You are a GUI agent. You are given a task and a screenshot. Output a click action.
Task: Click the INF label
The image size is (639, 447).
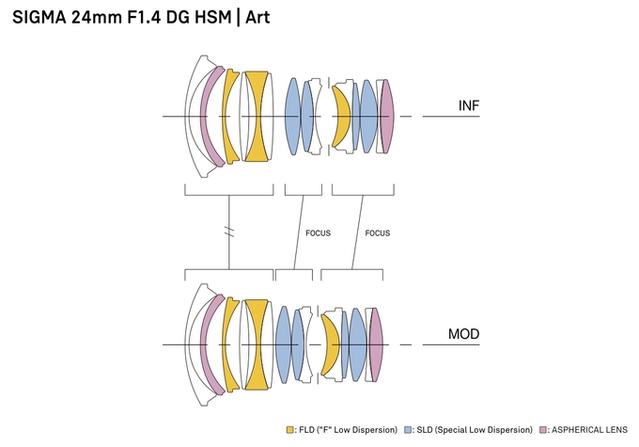point(469,104)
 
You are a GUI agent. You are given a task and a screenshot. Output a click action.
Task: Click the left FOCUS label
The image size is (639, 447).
point(318,232)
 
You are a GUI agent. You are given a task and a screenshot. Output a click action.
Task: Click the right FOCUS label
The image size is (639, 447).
point(377,232)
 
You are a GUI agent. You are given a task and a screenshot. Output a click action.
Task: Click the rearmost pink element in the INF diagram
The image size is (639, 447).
point(386,116)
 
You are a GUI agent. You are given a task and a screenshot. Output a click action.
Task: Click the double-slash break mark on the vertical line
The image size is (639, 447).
point(229,231)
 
